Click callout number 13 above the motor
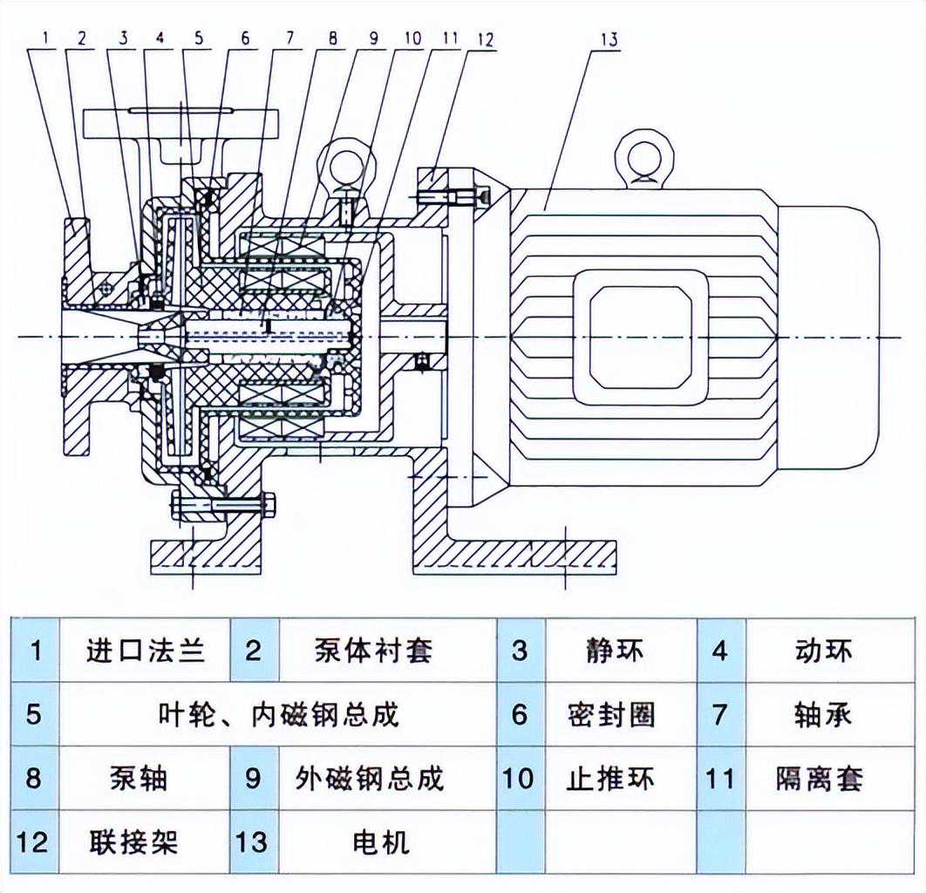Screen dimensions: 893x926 pos(609,40)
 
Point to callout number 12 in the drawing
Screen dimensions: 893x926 pos(486,40)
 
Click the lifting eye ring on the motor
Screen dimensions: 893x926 pos(644,156)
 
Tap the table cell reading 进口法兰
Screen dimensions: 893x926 pos(146,651)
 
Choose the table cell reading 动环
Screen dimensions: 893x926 pos(822,651)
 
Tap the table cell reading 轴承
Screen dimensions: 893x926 pos(822,714)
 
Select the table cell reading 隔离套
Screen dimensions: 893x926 pos(822,778)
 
